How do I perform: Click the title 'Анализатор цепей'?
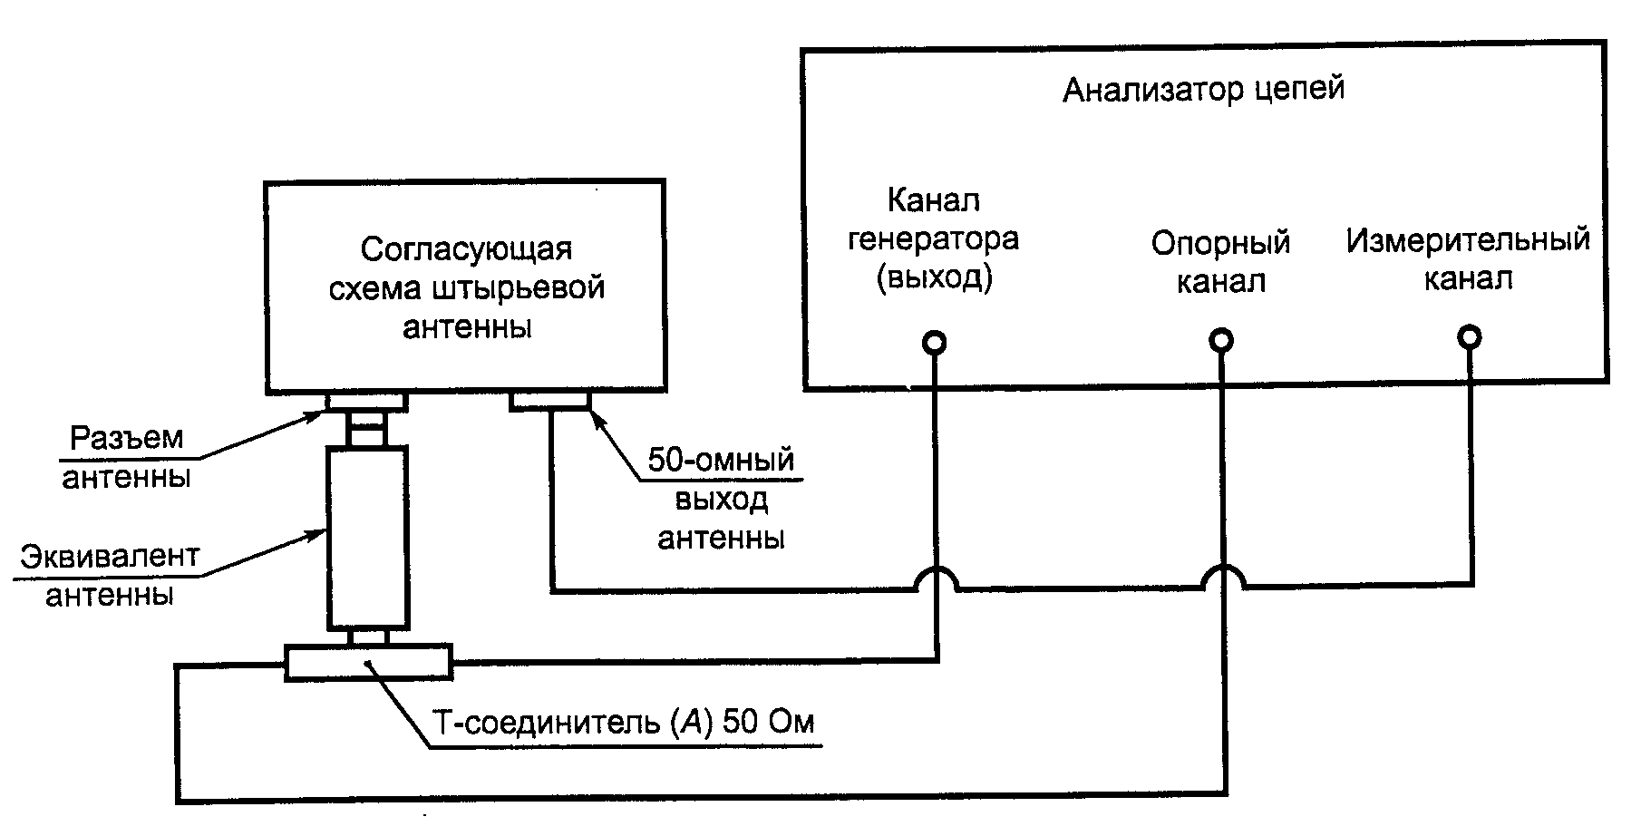[x=1203, y=91]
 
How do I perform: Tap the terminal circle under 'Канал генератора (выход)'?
[x=934, y=343]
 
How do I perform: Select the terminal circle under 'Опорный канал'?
[x=1221, y=341]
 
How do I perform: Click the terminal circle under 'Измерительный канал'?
[x=1470, y=338]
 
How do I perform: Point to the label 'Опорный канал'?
[x=1220, y=262]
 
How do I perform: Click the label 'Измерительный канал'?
[x=1468, y=259]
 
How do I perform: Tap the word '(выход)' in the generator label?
[x=934, y=277]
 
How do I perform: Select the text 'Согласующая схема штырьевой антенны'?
[x=466, y=287]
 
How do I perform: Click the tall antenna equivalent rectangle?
[x=366, y=537]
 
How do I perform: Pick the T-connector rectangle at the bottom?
[x=368, y=662]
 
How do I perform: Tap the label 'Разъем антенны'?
[x=126, y=458]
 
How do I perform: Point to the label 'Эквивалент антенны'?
[x=110, y=576]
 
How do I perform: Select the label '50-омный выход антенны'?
[x=721, y=499]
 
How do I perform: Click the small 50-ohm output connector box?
[x=550, y=401]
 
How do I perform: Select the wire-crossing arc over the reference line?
[x=1222, y=577]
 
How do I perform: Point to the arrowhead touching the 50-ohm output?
[x=599, y=419]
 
